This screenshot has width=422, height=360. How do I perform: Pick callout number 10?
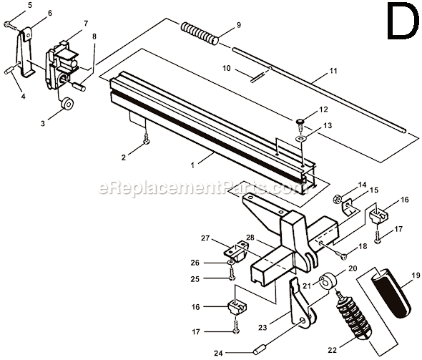click(225, 69)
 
